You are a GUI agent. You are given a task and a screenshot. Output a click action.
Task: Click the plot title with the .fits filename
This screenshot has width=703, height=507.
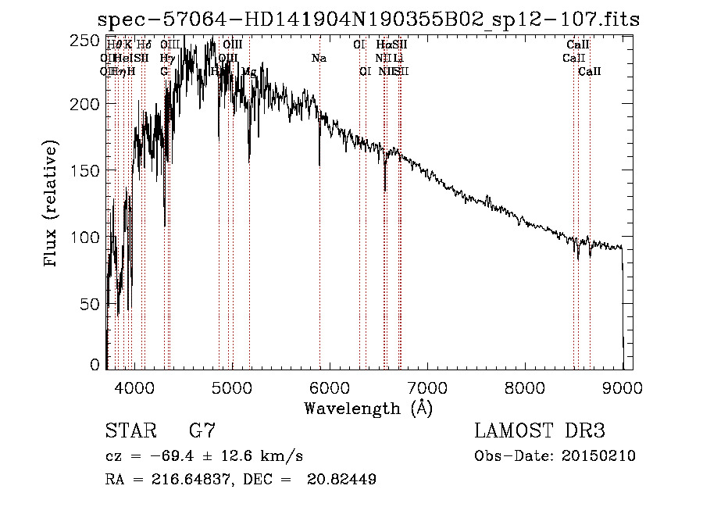(367, 19)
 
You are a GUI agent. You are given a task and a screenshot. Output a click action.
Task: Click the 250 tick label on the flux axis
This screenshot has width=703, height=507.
(84, 40)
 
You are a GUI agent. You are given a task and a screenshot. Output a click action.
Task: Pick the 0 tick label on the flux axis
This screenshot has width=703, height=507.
(95, 365)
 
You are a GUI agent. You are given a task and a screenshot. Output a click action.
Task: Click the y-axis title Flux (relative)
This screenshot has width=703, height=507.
(52, 204)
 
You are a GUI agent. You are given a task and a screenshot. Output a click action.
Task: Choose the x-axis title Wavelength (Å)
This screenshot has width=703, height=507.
(368, 408)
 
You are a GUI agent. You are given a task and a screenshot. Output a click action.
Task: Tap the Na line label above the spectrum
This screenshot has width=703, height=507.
(319, 59)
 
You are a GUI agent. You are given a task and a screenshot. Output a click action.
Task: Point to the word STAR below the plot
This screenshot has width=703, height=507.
(127, 431)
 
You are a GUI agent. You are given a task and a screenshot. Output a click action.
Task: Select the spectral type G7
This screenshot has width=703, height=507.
(202, 431)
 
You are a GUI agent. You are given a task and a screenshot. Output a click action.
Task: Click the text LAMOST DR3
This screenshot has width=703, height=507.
(539, 431)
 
